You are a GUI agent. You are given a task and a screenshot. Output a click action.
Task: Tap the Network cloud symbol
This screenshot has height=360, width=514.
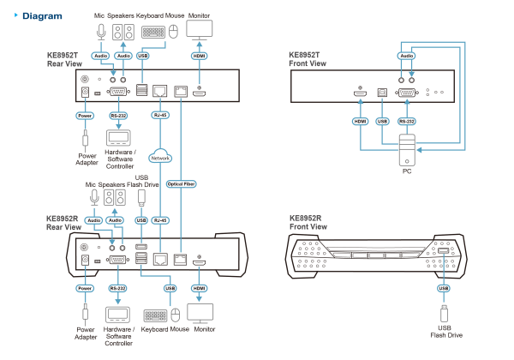[x=159, y=157]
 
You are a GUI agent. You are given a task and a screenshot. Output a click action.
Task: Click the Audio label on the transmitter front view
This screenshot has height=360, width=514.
[x=406, y=55]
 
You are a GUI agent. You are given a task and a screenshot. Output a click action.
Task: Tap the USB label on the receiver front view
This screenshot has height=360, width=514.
[x=443, y=288]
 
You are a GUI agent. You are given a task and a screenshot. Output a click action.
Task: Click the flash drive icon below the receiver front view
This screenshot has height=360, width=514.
[x=443, y=315]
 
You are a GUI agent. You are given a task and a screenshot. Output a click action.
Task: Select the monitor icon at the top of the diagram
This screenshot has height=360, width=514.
[x=200, y=31]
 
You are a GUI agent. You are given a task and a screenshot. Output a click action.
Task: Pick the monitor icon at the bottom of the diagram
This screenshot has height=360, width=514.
[x=200, y=314]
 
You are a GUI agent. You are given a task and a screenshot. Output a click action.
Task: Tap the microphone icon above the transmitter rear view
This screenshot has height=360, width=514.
[x=101, y=33]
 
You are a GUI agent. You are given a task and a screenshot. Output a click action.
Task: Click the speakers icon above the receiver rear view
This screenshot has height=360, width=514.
[x=114, y=198]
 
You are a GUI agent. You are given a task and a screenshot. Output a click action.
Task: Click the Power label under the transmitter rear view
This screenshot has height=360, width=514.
[x=84, y=115]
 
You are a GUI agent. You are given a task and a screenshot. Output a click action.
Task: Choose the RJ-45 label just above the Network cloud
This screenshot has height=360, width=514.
[x=159, y=115]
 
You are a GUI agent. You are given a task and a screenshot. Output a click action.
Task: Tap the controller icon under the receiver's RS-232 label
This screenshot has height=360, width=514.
[x=117, y=315]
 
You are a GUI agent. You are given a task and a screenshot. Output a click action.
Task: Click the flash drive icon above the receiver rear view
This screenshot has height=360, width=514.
[x=141, y=198]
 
